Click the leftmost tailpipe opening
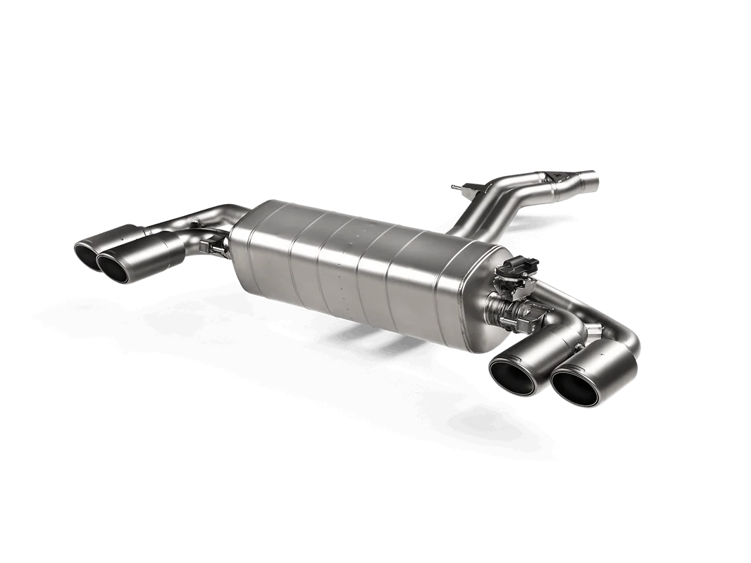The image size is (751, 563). pyautogui.click(x=91, y=252)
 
